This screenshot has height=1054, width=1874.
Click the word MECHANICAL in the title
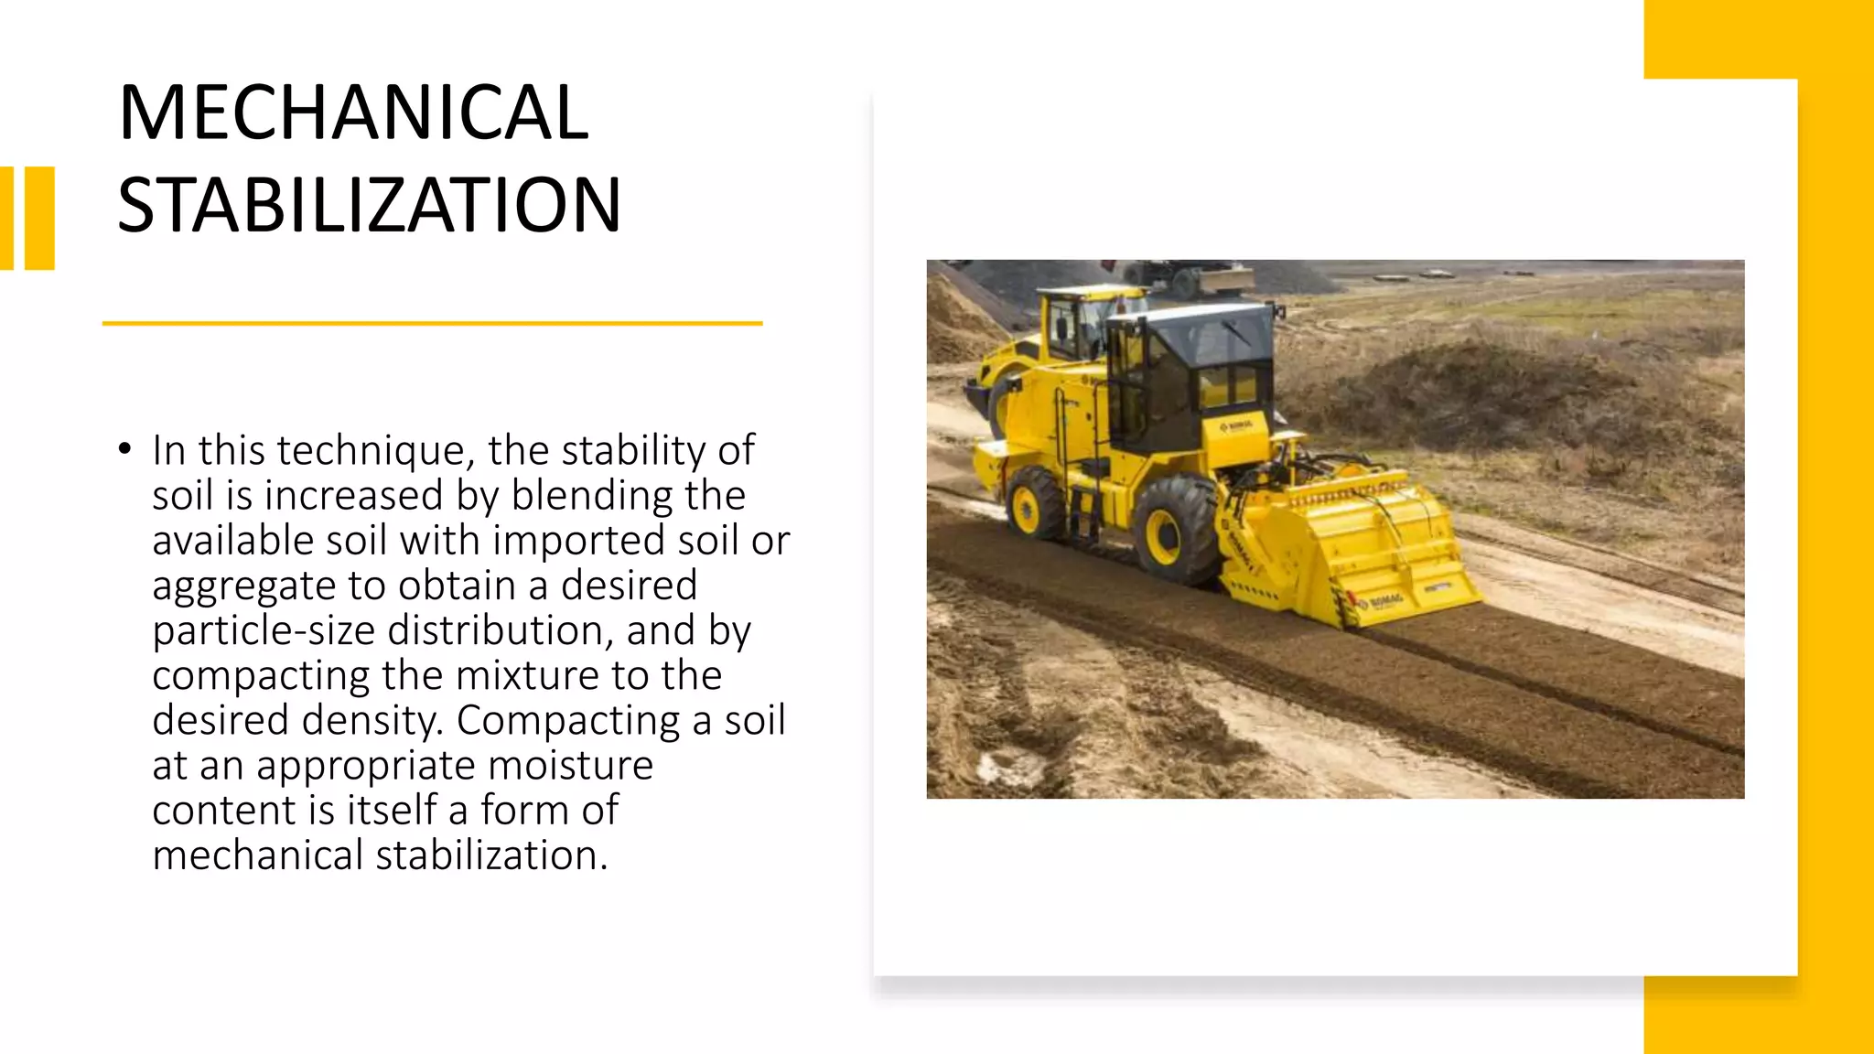click(353, 113)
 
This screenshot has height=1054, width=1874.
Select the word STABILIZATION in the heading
click(370, 205)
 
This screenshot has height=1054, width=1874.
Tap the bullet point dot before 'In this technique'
click(124, 449)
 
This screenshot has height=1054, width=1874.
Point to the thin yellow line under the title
click(432, 323)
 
